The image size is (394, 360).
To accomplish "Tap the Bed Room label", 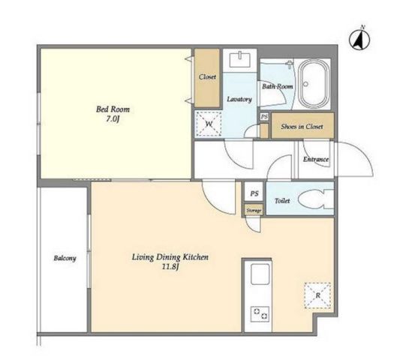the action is pos(113,109).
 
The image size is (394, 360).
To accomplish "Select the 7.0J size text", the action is pos(113,119).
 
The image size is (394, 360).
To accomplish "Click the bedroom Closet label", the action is pos(207,76).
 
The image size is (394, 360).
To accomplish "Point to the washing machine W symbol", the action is pos(209,124).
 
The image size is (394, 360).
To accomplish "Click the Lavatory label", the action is pos(239,100).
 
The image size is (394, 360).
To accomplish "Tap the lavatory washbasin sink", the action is pos(240,59).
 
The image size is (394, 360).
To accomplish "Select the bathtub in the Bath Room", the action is pos(314,84).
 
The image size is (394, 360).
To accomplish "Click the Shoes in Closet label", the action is pos(302,127).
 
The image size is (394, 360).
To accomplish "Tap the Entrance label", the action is pos(316,159).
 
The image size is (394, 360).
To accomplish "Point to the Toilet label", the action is pos(282,201).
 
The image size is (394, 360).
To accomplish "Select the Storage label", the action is pos(254,211).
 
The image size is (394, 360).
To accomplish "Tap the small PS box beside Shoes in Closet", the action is pos(264,117).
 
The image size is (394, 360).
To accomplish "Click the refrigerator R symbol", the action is pos(317,295).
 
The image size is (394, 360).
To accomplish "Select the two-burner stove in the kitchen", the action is pos(260,314).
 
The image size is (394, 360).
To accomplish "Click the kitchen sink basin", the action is pos(260,274).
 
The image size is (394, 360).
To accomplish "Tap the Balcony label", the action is pos(65,258).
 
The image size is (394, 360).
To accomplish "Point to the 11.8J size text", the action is pos(170,267).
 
